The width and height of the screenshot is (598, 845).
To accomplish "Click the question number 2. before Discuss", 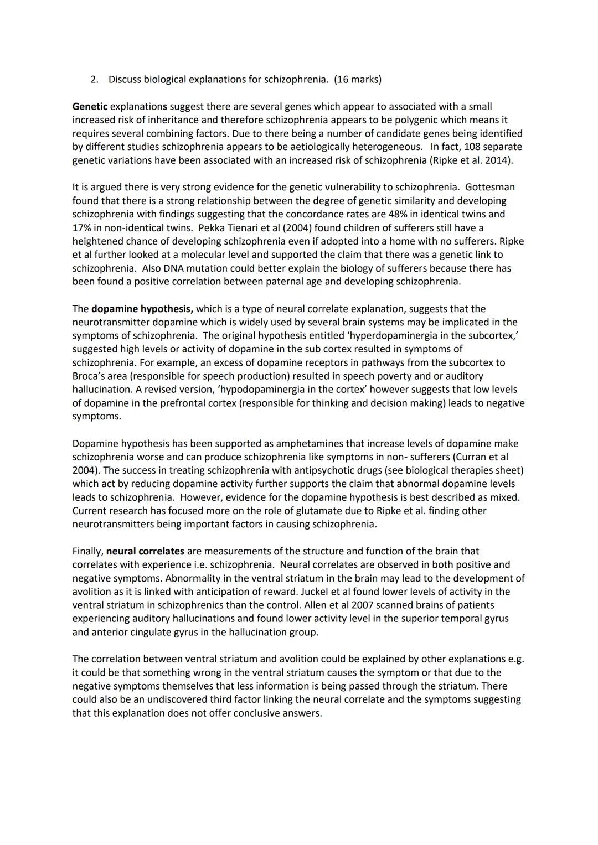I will click(x=94, y=80).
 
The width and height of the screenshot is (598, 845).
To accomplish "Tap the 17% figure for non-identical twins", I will click(x=82, y=227).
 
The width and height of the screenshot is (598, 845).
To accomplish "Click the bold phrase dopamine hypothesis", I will click(x=142, y=309).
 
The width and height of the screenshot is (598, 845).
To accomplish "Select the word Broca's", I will click(x=88, y=376).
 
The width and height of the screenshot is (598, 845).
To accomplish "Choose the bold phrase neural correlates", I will click(x=145, y=551).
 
